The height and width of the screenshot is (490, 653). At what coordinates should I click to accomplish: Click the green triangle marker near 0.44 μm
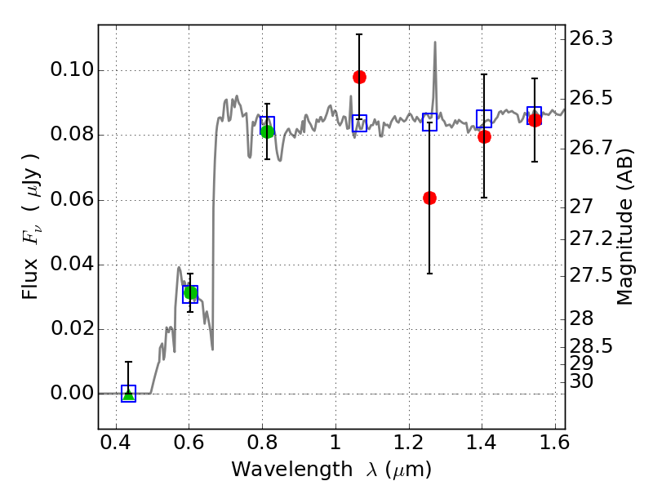tap(128, 394)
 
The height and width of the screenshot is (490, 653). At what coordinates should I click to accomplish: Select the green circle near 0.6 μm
tap(191, 292)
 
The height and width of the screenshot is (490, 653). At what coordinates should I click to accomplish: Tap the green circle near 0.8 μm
tap(267, 131)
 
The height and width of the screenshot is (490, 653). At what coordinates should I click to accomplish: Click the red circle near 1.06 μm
tap(359, 77)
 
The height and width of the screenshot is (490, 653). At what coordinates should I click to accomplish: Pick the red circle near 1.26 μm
tap(429, 198)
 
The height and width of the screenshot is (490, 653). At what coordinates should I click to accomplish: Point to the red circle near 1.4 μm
tap(484, 136)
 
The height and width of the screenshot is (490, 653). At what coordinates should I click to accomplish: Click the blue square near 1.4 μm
tap(484, 118)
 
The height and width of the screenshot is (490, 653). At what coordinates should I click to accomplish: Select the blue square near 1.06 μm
tap(359, 123)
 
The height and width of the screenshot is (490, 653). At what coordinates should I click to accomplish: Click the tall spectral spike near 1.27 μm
tap(435, 45)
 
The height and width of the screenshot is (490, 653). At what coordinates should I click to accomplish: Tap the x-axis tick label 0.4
tap(116, 447)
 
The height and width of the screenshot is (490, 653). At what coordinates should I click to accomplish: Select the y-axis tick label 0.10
tap(71, 70)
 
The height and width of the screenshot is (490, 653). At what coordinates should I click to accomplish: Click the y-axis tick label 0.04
tap(71, 265)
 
